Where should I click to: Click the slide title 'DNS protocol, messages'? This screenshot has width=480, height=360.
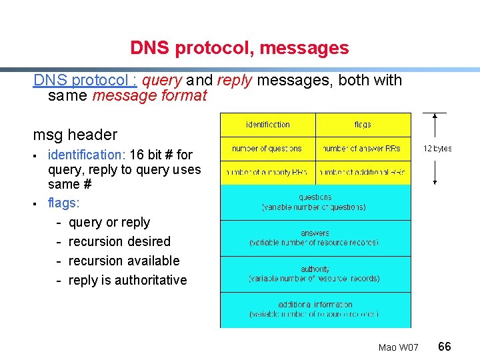pyautogui.click(x=239, y=48)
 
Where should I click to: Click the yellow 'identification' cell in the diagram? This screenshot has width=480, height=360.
pyautogui.click(x=268, y=125)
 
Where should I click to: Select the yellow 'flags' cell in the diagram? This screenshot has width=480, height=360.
pyautogui.click(x=363, y=125)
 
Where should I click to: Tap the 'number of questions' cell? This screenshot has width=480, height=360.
pyautogui.click(x=268, y=149)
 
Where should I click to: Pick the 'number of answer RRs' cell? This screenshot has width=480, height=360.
pyautogui.click(x=363, y=149)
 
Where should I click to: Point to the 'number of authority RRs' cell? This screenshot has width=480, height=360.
pyautogui.click(x=268, y=173)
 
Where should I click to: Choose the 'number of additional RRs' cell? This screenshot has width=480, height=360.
pyautogui.click(x=363, y=173)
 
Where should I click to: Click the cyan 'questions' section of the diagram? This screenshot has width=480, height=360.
pyautogui.click(x=315, y=202)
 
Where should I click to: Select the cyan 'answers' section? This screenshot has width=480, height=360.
pyautogui.click(x=315, y=238)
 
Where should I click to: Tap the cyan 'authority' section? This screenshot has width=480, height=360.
pyautogui.click(x=315, y=274)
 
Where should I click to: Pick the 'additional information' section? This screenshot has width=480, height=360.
pyautogui.click(x=315, y=309)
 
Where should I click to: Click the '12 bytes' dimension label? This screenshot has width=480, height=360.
pyautogui.click(x=437, y=149)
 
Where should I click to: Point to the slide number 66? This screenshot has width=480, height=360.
pyautogui.click(x=445, y=346)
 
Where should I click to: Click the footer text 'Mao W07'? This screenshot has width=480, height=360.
pyautogui.click(x=398, y=347)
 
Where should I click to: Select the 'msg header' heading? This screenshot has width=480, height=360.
pyautogui.click(x=75, y=135)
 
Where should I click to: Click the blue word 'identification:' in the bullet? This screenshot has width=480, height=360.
pyautogui.click(x=87, y=155)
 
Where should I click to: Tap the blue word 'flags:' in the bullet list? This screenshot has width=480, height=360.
pyautogui.click(x=63, y=203)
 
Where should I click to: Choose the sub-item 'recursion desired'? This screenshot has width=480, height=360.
pyautogui.click(x=119, y=241)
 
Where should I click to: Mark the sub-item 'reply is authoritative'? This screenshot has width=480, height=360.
pyautogui.click(x=127, y=280)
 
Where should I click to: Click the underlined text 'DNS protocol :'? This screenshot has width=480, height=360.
pyautogui.click(x=85, y=80)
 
